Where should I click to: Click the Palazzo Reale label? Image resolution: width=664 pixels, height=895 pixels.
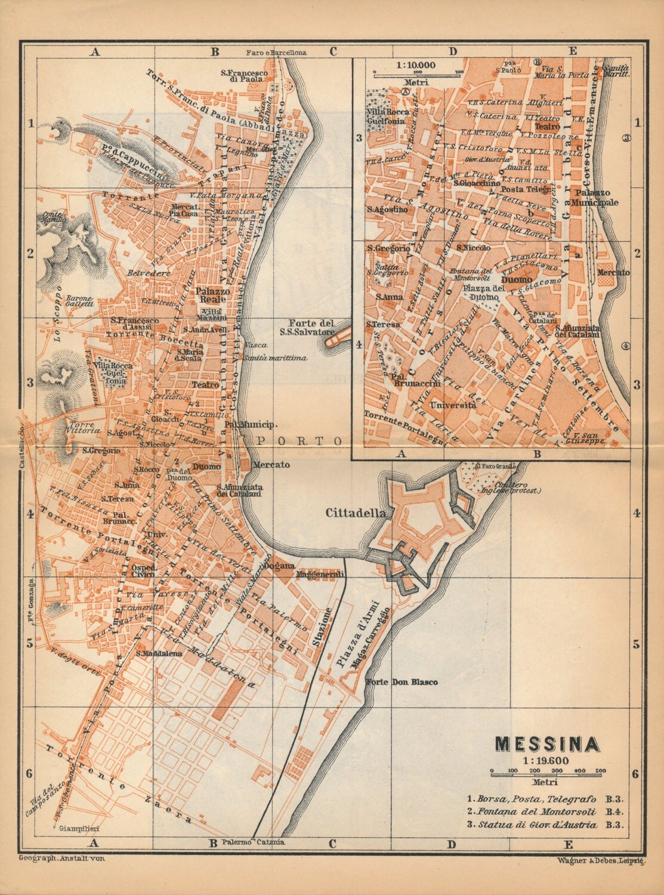[209, 295]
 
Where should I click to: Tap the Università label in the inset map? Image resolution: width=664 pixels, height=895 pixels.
[451, 405]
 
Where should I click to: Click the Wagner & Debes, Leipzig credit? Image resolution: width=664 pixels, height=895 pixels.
[600, 859]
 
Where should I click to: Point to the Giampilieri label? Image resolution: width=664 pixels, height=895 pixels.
[74, 829]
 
